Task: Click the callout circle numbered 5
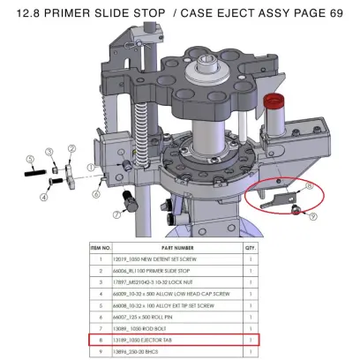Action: click(x=29, y=159)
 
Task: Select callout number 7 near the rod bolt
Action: click(x=117, y=214)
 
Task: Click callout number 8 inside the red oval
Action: click(x=309, y=184)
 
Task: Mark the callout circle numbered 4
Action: click(x=43, y=198)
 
